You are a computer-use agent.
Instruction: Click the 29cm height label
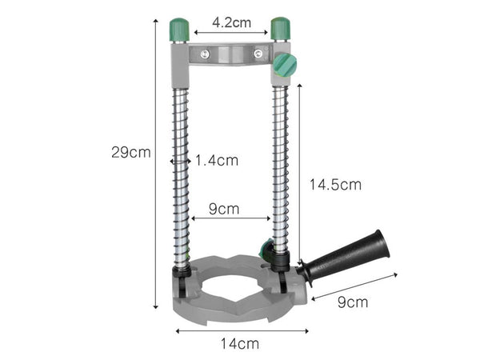tap(130, 152)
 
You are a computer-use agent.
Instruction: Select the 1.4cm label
tap(216, 160)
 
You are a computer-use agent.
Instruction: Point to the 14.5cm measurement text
tap(335, 184)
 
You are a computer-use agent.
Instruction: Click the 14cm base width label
tap(239, 344)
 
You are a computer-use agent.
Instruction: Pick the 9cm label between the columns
tap(224, 209)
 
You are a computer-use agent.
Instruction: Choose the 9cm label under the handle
tap(352, 302)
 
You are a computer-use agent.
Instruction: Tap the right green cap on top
tap(279, 29)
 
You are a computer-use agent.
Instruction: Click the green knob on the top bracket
tap(284, 65)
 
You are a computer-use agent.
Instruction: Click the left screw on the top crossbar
tap(206, 54)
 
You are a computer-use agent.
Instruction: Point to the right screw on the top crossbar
tap(258, 54)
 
